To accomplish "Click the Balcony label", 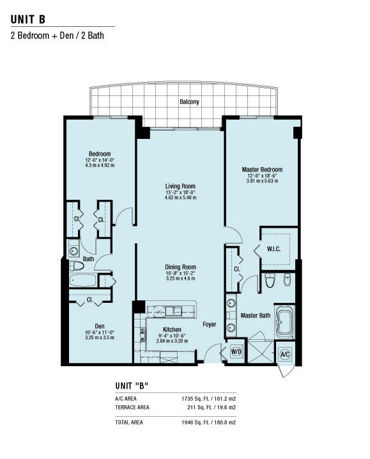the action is click(189, 102).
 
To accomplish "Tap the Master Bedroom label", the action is click(262, 170).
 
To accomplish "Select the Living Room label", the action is click(180, 186).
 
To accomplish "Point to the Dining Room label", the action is click(180, 267).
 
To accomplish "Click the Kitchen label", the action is click(172, 329).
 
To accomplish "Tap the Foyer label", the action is click(210, 325).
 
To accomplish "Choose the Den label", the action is click(99, 326).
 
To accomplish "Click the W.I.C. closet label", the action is click(274, 249).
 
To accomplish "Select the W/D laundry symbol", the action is click(236, 351).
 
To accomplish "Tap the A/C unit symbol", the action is click(285, 355).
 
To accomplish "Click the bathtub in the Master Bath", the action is click(285, 321).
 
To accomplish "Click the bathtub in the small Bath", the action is click(83, 280).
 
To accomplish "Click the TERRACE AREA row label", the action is click(132, 408).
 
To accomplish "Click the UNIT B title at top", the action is click(28, 19).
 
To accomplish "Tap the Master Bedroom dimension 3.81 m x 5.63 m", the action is click(262, 181).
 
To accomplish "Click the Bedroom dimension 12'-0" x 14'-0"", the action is click(100, 160).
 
